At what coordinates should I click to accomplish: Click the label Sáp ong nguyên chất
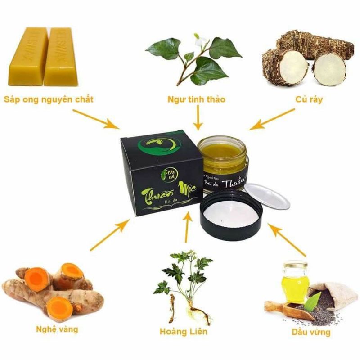(x=49, y=99)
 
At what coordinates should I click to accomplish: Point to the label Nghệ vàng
(x=57, y=329)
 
